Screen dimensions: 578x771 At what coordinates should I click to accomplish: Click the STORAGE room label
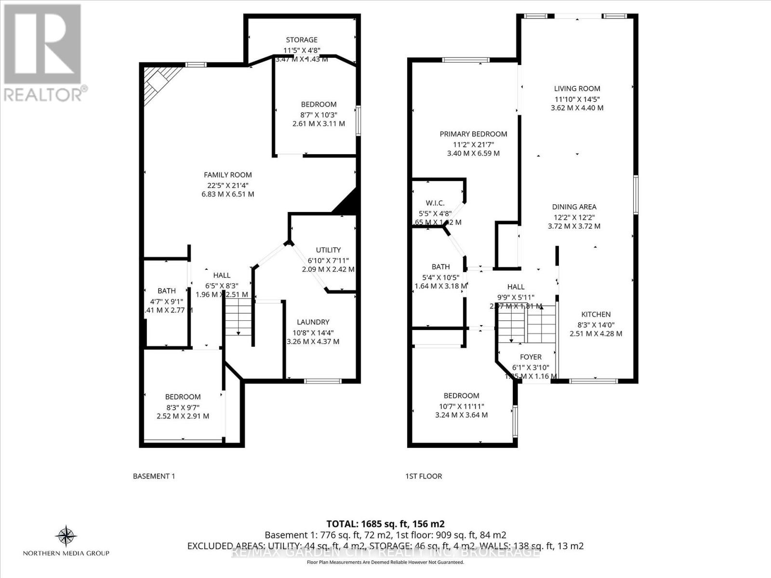302,40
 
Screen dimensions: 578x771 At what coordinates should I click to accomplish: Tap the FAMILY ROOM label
227,175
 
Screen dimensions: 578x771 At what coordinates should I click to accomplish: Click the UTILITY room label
328,250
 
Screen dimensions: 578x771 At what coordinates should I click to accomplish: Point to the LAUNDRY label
313,322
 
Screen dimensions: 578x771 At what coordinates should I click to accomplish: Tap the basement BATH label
167,291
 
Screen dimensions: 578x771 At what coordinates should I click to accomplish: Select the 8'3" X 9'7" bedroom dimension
183,407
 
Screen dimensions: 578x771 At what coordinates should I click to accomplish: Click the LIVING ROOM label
577,89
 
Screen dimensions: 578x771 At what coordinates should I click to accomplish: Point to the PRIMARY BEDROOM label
473,134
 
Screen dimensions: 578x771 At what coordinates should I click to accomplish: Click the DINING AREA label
574,207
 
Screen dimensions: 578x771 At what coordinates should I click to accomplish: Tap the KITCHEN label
596,315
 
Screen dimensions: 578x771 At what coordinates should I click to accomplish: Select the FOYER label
531,357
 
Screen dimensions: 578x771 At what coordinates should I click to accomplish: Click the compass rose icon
66,536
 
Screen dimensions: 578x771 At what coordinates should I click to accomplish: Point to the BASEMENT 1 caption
154,476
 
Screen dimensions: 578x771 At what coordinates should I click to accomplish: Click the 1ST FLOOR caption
423,476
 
